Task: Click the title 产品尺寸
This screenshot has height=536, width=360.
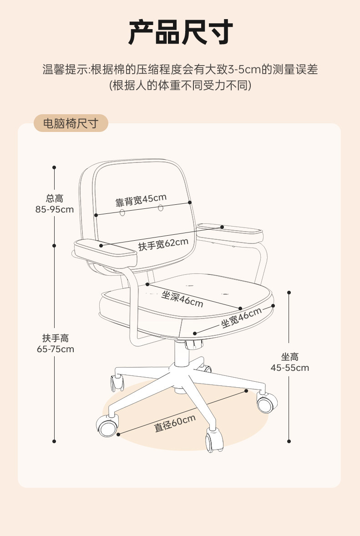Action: pos(180,32)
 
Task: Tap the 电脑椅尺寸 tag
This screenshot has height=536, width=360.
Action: pos(71,123)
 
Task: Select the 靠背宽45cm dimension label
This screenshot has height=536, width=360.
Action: pos(141,200)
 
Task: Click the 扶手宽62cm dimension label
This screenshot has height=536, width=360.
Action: pos(163,244)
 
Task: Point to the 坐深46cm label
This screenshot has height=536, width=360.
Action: pos(182,298)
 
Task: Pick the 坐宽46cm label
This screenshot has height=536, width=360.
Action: pos(241,317)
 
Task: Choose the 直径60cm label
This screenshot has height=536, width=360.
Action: pos(175,424)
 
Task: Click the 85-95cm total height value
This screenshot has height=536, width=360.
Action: pos(55,209)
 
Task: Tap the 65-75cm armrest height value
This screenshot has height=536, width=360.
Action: pos(55,349)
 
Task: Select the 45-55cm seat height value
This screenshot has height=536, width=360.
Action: pos(289,368)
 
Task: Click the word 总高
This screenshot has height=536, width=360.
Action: pos(55,198)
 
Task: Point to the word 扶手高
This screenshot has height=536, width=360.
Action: pos(55,338)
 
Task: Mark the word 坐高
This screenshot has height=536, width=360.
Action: pos(289,357)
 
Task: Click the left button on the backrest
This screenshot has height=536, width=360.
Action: pos(122,213)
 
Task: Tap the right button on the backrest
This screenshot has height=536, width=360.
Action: pos(161,208)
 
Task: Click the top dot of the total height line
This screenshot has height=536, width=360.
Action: pos(54,167)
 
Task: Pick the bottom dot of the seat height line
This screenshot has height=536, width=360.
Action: pos(289,441)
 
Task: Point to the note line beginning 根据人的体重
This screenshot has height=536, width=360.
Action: pos(180,85)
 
